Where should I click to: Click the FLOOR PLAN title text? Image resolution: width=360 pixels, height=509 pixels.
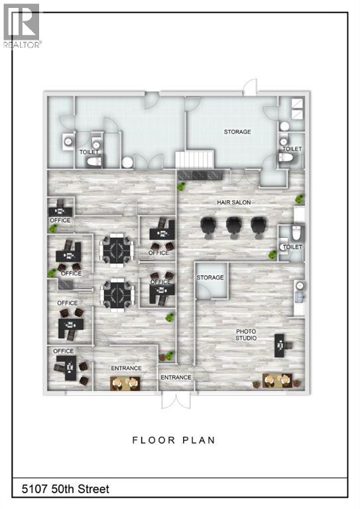coord(173,440)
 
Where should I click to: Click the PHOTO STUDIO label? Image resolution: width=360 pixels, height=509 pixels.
coord(247,335)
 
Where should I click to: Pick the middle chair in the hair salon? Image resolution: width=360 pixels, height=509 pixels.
coord(233,226)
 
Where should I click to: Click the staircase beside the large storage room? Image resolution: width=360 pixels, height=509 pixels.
coord(195,159)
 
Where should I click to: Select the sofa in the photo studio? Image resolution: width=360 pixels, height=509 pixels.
coord(278,380)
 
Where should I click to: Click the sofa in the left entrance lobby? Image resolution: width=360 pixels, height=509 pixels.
coord(125,382)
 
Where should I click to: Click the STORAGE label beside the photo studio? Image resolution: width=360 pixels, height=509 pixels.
coord(210,278)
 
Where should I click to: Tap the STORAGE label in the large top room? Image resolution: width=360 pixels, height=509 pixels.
coord(237,132)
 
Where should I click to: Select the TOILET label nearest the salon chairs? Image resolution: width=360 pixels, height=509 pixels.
coord(292,247)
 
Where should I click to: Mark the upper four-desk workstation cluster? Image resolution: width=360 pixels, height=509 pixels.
coord(117,249)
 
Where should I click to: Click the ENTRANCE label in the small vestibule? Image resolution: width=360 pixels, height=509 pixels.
coord(175,377)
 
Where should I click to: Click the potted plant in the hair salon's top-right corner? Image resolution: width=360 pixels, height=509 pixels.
coord(300,198)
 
